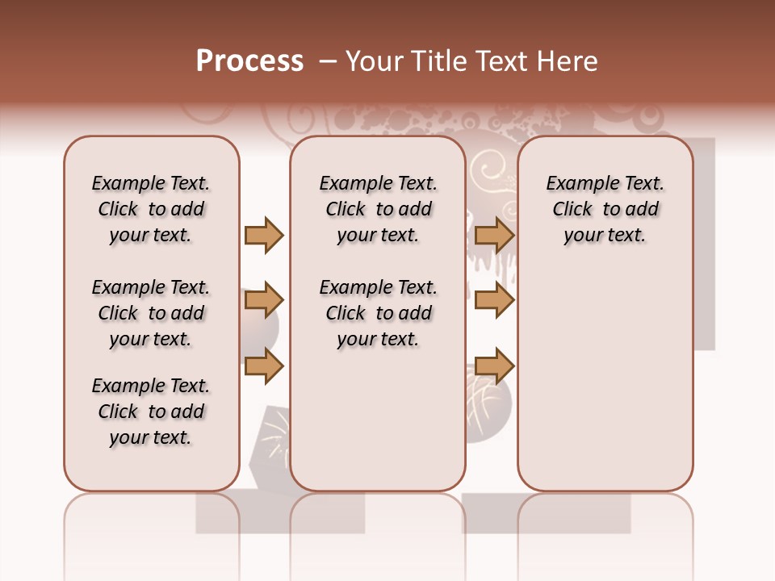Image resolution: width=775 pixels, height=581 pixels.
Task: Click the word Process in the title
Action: coord(249,61)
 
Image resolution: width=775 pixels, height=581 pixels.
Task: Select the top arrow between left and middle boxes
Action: coord(264,235)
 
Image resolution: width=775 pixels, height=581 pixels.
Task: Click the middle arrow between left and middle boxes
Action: coord(264,300)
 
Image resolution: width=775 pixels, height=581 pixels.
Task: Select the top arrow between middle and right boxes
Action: coord(494,235)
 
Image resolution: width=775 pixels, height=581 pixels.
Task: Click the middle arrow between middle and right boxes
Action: coord(494,300)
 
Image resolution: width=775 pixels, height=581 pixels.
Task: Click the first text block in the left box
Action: coord(150,209)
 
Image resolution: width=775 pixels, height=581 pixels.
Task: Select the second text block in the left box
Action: coord(150,313)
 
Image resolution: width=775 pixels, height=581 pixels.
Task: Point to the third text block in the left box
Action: coord(150,412)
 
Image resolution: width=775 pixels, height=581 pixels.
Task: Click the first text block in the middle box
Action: coord(378,209)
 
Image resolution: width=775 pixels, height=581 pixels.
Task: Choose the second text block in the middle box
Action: coord(378,313)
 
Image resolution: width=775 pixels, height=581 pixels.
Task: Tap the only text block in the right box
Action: coord(605,209)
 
